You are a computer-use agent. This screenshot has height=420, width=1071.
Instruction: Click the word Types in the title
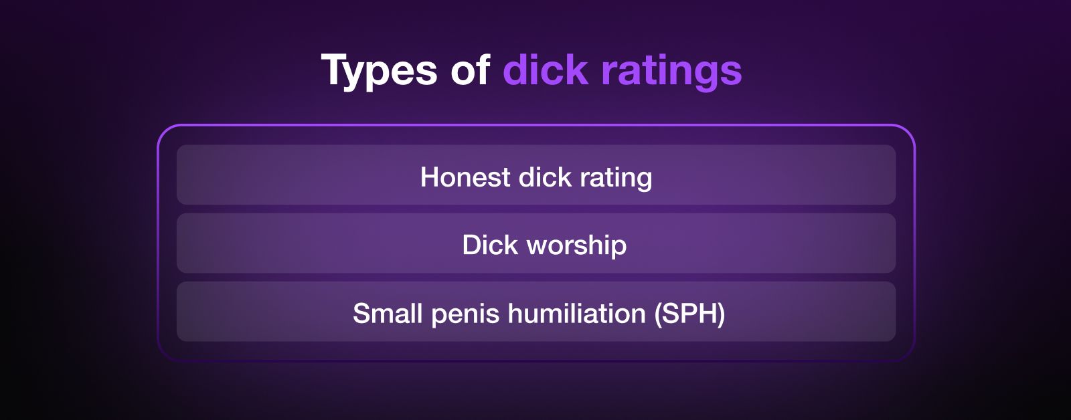click(x=379, y=71)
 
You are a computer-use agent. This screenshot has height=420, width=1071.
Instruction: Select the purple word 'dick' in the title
click(x=546, y=69)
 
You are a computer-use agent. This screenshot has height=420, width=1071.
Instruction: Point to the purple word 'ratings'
click(x=672, y=72)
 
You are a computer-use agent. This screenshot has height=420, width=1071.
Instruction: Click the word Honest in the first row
click(x=465, y=177)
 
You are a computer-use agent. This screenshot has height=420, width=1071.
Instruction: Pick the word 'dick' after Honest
click(x=545, y=177)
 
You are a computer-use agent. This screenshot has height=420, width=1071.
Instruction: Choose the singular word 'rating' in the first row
click(x=616, y=179)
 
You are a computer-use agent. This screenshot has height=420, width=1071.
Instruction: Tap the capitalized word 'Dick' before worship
click(x=490, y=245)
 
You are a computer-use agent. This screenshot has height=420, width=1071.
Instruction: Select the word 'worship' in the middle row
click(x=576, y=247)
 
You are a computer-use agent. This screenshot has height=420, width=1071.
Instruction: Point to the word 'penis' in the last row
click(x=465, y=316)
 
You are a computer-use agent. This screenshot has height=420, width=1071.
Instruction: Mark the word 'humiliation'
click(x=576, y=314)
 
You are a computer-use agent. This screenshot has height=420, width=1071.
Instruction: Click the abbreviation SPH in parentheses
click(x=690, y=314)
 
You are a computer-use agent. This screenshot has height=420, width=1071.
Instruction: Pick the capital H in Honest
click(x=429, y=177)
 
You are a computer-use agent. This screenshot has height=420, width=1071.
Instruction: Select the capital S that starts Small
click(x=361, y=314)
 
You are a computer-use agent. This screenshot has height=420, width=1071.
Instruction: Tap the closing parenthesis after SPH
click(x=722, y=316)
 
